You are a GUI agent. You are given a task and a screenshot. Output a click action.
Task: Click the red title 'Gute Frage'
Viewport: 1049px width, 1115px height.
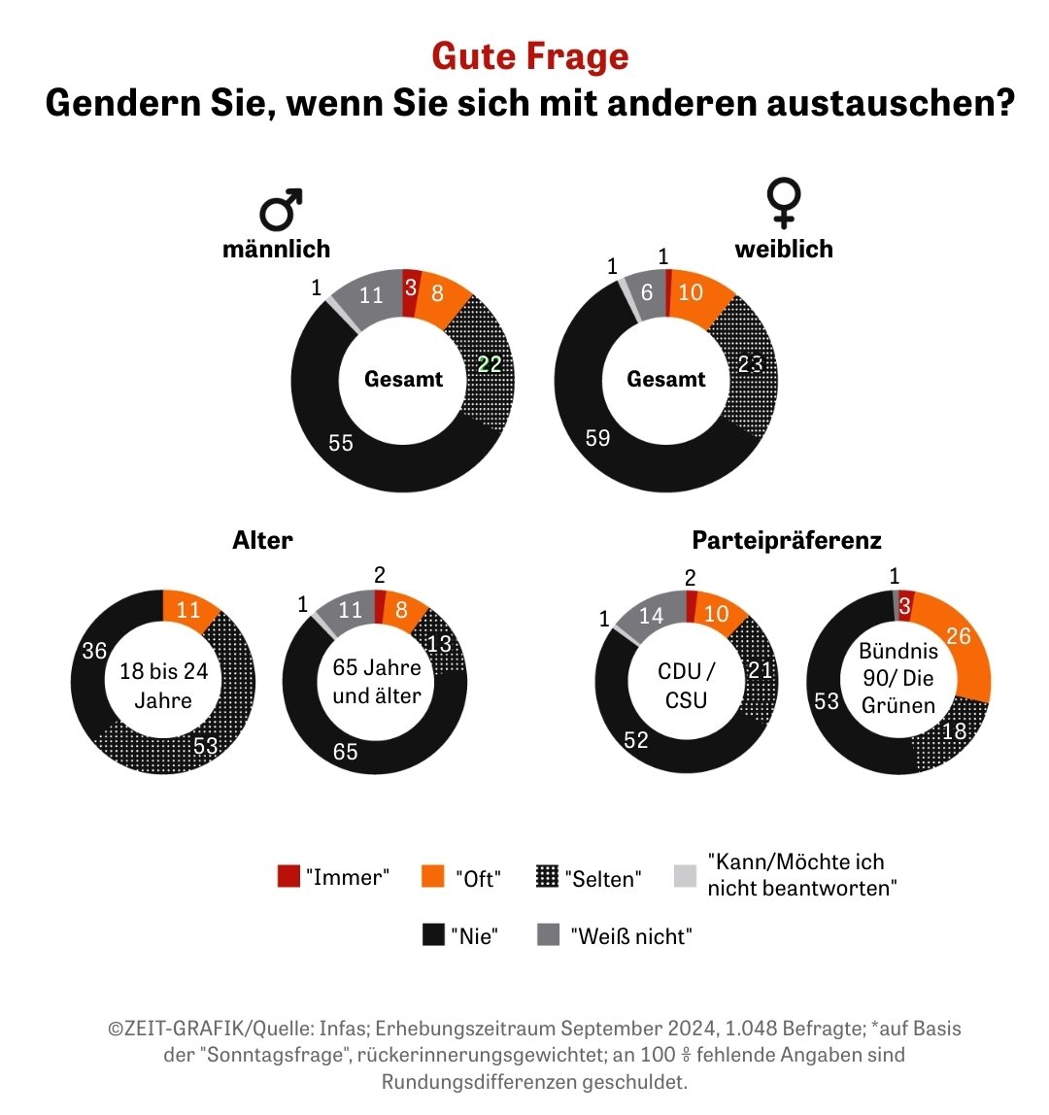529,56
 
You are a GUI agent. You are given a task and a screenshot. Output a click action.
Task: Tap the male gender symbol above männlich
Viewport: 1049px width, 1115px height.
280,210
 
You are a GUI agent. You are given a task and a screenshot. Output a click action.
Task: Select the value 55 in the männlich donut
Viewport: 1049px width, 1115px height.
341,443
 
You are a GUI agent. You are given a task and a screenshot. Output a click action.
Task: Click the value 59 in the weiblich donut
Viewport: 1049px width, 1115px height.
597,438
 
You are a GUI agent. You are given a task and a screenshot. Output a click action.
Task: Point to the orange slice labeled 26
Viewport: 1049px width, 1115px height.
958,637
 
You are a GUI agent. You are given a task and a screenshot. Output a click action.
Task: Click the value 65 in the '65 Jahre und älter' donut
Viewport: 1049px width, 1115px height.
346,751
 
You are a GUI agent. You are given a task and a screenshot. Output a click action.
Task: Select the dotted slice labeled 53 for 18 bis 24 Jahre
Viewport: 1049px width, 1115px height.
205,747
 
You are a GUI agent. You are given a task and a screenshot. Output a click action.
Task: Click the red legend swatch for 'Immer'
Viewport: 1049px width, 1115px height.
289,876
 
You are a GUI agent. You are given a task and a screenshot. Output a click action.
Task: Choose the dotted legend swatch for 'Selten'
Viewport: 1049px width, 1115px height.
548,876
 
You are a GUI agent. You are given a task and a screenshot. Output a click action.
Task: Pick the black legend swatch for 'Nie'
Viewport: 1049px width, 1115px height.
433,935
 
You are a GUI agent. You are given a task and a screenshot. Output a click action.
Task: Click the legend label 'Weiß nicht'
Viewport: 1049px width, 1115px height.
631,936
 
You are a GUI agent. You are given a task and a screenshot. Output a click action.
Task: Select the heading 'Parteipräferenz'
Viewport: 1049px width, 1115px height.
787,540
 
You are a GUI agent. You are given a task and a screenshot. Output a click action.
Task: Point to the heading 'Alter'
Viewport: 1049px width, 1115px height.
262,540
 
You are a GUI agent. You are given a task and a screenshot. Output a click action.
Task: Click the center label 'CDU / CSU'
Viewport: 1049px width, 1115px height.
686,685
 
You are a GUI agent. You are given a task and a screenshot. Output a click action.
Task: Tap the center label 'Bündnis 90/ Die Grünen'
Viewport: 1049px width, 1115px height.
897,677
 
